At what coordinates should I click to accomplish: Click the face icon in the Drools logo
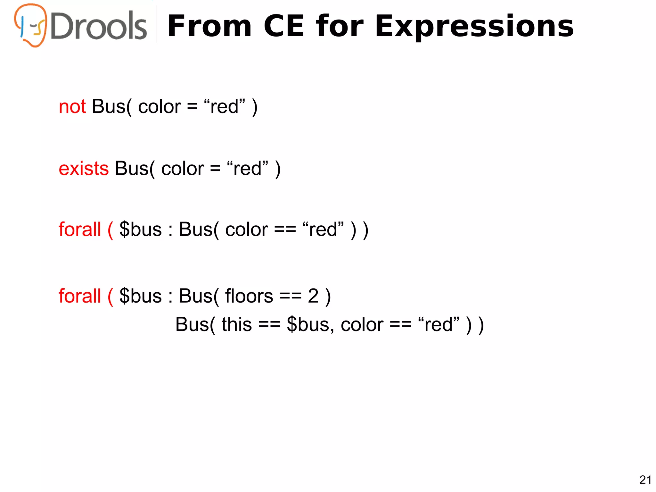pos(31,26)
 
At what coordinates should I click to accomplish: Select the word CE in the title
pos(284,26)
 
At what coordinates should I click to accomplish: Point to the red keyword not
pos(72,107)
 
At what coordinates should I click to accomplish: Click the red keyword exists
pos(84,169)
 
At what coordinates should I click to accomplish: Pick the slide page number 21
pos(645,480)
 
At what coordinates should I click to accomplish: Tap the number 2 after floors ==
pos(313,296)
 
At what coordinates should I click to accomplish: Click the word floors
pos(249,296)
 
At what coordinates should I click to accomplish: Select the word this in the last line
pos(236,325)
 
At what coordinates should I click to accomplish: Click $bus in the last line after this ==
pos(308,325)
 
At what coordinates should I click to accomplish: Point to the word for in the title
pos(340,26)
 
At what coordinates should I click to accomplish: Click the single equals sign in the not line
pos(192,107)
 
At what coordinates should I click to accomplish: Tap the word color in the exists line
pos(182,169)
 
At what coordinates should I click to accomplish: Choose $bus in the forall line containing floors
pos(140,296)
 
